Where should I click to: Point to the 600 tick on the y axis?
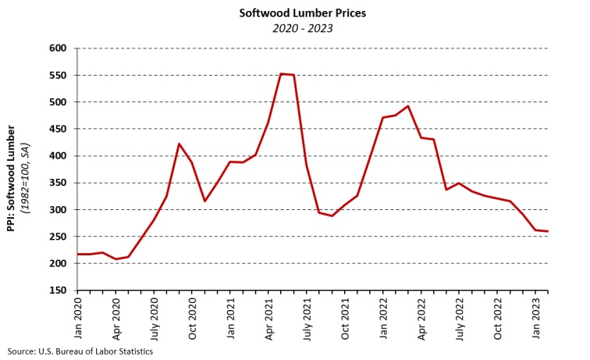[59, 48]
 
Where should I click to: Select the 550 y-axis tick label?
[59, 76]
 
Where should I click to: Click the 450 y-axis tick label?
[59, 129]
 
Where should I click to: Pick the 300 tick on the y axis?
[59, 210]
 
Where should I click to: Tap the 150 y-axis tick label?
[59, 290]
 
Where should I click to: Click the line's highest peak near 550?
[281, 73]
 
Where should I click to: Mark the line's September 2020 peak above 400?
[179, 144]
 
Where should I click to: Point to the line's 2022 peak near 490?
[408, 106]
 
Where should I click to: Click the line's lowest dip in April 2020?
[116, 258]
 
